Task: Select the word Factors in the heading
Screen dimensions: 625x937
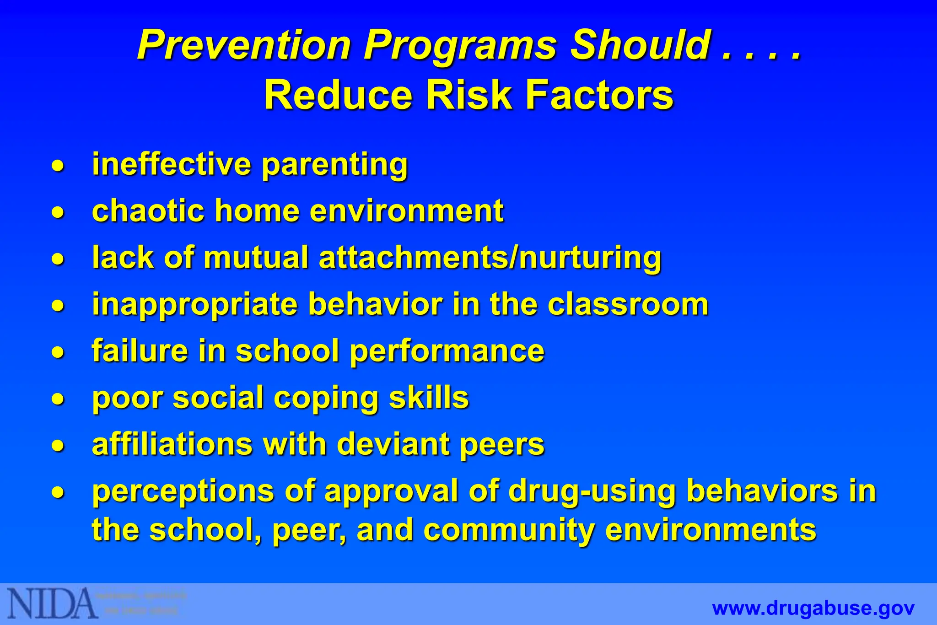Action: coord(599,95)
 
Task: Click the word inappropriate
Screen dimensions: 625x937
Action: coord(195,305)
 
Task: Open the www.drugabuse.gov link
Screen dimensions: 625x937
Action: coord(813,609)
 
